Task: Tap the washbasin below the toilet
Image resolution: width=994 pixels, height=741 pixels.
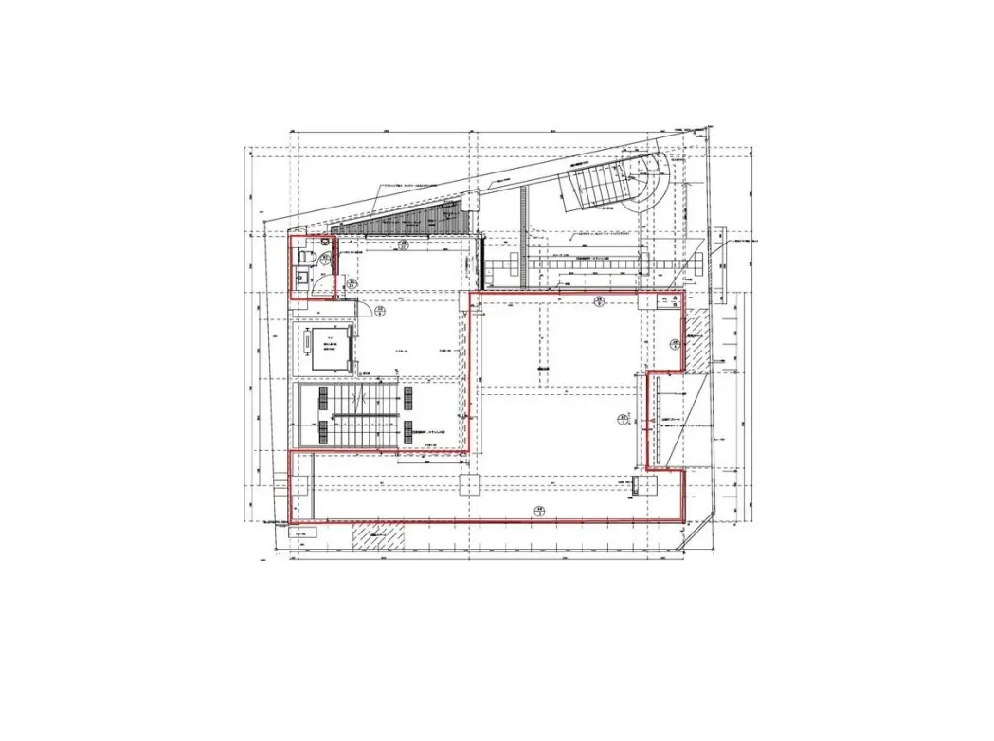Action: coord(301,279)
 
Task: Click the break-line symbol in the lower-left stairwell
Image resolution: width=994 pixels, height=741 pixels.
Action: coord(357,397)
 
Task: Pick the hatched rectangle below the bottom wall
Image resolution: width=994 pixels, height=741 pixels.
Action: coord(377,536)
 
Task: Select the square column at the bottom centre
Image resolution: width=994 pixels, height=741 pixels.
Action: coord(470,486)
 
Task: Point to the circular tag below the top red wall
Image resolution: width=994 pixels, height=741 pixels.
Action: coord(599,301)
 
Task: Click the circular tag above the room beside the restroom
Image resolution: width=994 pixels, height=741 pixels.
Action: coord(404,244)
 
